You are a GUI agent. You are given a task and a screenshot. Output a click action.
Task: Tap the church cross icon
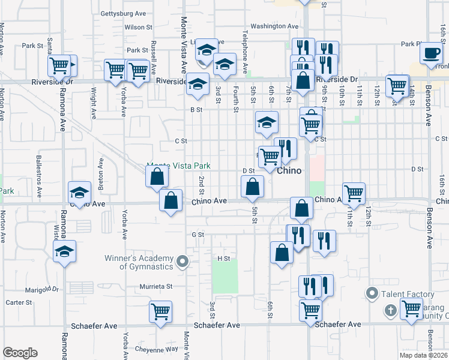click(391, 310)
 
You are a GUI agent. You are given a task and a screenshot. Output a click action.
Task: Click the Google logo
click(20, 353)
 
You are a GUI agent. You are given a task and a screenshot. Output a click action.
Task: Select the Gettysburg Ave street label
click(124, 13)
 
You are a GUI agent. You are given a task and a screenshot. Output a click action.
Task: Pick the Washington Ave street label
click(274, 26)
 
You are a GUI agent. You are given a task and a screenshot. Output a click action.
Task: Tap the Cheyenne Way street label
click(155, 349)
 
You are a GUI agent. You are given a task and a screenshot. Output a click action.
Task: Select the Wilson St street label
click(134, 27)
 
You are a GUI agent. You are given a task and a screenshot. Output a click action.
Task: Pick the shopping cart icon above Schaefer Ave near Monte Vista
click(161, 311)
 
